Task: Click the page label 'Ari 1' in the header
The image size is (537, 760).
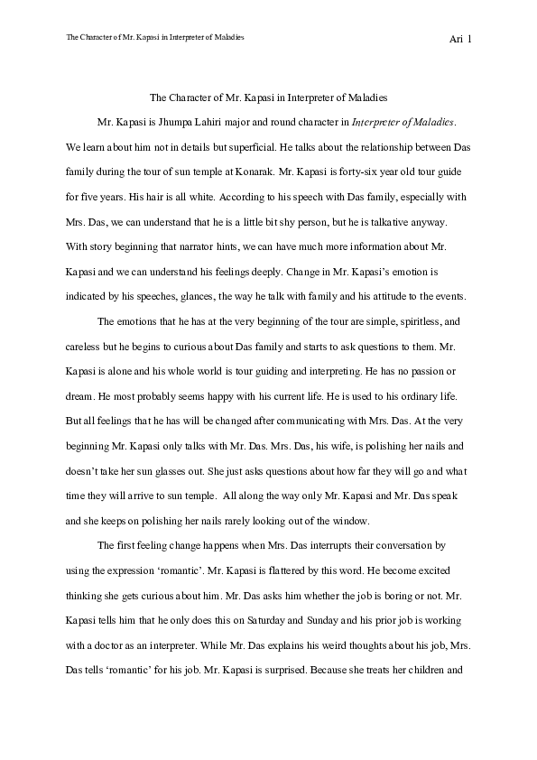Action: click(460, 40)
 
